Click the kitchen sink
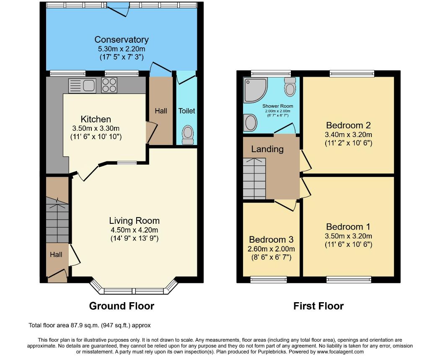pyautogui.click(x=82, y=85)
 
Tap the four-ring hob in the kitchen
pyautogui.click(x=109, y=85)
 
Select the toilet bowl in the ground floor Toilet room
pyautogui.click(x=188, y=135)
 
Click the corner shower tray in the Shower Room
pyautogui.click(x=256, y=90)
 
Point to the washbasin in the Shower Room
pyautogui.click(x=250, y=123)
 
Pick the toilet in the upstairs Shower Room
pyautogui.click(x=290, y=87)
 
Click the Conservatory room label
pyautogui.click(x=122, y=40)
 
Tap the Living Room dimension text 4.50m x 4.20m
pyautogui.click(x=134, y=230)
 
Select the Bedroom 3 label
pyautogui.click(x=271, y=239)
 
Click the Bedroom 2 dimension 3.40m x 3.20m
pyautogui.click(x=348, y=135)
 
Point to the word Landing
pyautogui.click(x=267, y=149)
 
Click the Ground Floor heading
pyautogui.click(x=122, y=306)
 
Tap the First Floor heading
pyautogui.click(x=318, y=306)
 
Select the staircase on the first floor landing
pyautogui.click(x=254, y=179)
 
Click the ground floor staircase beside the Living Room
pyautogui.click(x=57, y=220)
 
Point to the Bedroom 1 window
pyautogui.click(x=349, y=280)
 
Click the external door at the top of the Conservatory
pyautogui.click(x=118, y=8)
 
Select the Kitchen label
pyautogui.click(x=96, y=119)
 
